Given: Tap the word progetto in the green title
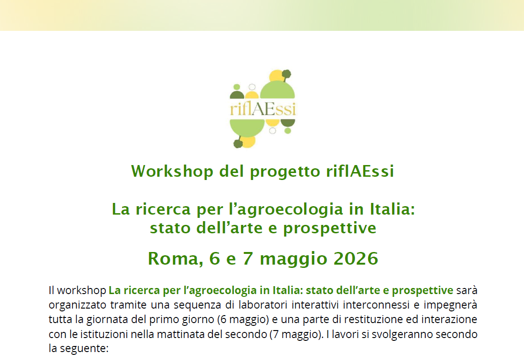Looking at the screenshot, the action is pos(285,172).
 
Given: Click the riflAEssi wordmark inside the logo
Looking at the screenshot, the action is pos(263,108).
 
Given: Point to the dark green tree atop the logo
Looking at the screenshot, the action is pos(286,75).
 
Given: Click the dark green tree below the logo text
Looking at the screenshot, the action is pos(238,143).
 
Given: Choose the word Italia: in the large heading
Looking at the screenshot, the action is pos(393,209).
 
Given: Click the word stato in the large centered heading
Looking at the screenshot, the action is pos(170,228).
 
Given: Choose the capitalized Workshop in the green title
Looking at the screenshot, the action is pos(172,171).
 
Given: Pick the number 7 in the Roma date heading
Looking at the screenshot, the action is pos(248,259).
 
